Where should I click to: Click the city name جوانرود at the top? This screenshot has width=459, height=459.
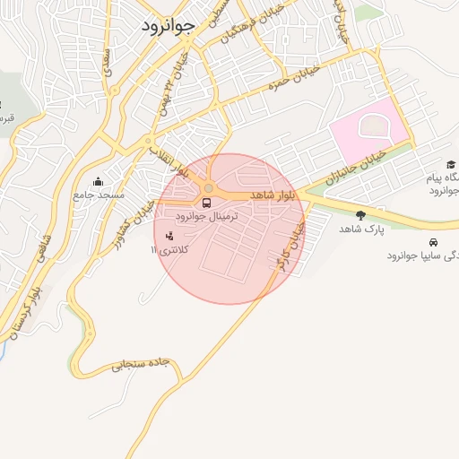tap(169, 26)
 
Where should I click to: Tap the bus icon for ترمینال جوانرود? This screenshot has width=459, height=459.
tap(207, 204)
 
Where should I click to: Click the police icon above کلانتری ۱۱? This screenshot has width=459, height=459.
tap(171, 236)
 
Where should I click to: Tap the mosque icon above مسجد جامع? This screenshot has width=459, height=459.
tap(98, 182)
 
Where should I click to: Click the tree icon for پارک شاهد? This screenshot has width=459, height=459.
tap(360, 214)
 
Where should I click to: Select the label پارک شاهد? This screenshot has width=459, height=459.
tap(361, 229)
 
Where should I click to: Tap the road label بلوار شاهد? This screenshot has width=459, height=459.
tap(273, 195)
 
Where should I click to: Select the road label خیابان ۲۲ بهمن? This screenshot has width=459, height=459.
tap(173, 86)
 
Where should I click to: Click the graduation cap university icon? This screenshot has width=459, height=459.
tap(451, 164)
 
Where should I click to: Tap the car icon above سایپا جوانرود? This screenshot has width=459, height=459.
tap(434, 242)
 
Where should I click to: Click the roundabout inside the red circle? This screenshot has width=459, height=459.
tap(209, 188)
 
